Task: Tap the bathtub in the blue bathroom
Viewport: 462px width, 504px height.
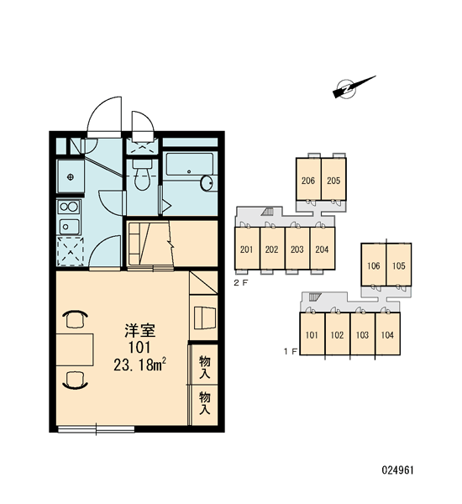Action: click(189, 165)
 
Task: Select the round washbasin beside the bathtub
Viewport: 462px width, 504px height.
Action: click(207, 183)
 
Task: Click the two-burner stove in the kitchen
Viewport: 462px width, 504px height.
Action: click(69, 207)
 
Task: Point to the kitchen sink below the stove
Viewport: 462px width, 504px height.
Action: click(69, 226)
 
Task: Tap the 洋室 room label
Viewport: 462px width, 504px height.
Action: click(140, 331)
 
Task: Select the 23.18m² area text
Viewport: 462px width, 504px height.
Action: click(139, 365)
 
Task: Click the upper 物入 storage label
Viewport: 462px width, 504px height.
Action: click(204, 367)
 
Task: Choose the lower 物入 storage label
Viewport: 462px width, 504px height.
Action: click(204, 402)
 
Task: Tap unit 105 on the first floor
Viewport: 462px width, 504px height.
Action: click(399, 265)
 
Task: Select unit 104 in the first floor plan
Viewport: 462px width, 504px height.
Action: click(388, 333)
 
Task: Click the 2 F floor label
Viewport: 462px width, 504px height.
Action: click(241, 283)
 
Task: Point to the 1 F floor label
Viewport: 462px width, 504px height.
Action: click(291, 352)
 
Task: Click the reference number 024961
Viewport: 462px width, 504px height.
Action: click(397, 470)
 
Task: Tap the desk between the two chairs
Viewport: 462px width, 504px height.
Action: click(75, 349)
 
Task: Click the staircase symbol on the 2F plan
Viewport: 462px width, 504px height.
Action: click(267, 211)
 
